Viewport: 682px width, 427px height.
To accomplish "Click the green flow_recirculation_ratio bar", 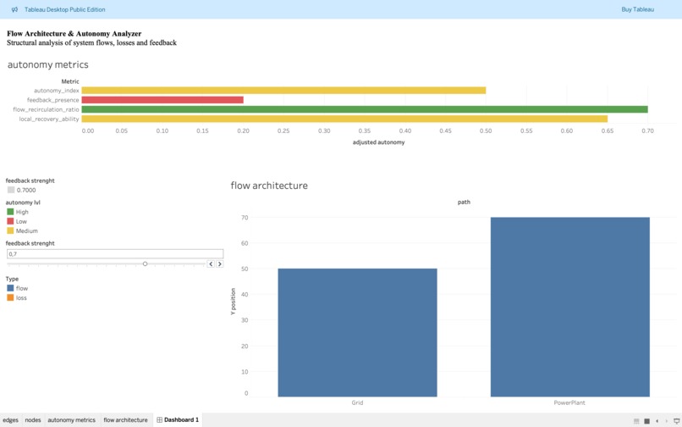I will (364, 109).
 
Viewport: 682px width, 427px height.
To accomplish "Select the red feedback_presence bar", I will (162, 100).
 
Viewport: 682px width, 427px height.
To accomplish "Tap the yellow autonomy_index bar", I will (283, 91).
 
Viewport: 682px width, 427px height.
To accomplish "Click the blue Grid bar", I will (357, 332).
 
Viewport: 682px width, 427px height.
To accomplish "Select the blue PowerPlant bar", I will (569, 307).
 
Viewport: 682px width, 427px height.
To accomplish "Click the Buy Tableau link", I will (637, 9).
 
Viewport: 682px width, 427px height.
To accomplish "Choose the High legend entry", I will (22, 212).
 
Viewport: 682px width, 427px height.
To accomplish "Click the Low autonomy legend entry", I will (21, 221).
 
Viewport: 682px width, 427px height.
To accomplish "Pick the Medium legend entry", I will (26, 230).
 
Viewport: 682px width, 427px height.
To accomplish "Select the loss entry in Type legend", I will (21, 297).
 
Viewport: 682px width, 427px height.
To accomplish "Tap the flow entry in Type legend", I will (21, 288).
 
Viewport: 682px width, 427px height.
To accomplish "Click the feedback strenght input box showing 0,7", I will (114, 253).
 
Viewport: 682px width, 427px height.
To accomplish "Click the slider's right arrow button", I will (220, 264).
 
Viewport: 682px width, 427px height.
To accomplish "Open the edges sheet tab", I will (10, 420).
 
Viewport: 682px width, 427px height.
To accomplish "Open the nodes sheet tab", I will (33, 420).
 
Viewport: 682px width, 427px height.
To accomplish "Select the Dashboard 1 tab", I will (180, 420).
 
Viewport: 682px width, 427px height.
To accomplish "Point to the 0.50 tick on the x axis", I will (486, 131).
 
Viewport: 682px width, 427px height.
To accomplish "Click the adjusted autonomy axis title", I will (378, 142).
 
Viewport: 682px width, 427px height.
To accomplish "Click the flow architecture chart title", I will (269, 186).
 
